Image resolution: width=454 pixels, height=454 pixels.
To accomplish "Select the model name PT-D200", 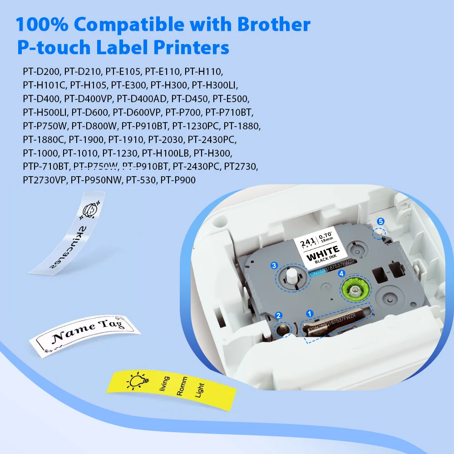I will pos(42,72).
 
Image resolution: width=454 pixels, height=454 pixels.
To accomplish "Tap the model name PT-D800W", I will pos(94,126).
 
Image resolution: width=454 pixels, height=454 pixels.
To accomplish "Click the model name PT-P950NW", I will pos(96,180).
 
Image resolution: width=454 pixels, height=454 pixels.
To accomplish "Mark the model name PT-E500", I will pos(231,99).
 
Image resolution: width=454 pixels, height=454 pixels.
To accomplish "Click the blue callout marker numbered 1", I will pos(310,313).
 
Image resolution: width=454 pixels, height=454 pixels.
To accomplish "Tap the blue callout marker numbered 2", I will pos(279,316).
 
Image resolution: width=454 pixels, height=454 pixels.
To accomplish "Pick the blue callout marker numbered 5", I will pos(381,221).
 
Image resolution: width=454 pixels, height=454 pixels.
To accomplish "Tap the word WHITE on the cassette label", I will pos(323,250).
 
